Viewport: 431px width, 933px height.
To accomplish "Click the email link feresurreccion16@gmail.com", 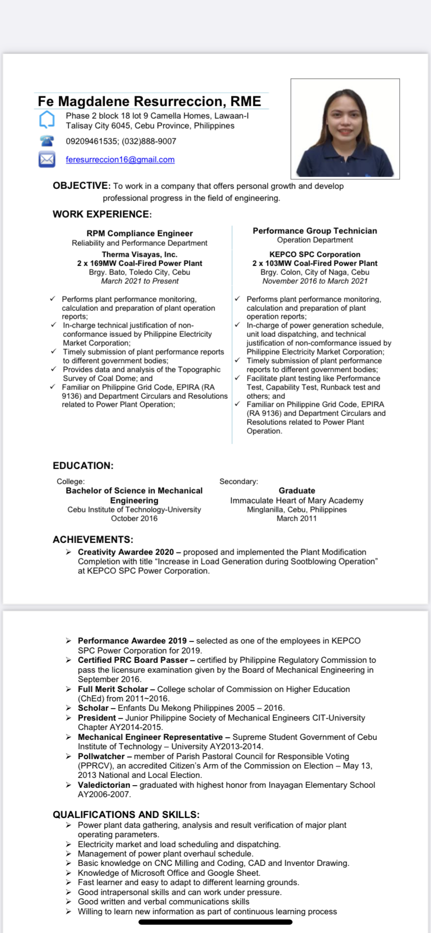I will point(120,160).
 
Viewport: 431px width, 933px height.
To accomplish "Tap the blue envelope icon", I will point(47,159).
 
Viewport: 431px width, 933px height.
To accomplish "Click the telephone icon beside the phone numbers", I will point(47,141).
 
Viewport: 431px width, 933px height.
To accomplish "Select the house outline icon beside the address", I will point(47,120).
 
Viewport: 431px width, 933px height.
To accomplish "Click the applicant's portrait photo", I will point(345,129).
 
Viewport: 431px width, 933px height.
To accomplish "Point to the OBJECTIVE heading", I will point(81,186).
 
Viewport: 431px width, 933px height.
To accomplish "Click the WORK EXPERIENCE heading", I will point(102,214).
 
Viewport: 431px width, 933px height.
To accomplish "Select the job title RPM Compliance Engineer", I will point(140,233).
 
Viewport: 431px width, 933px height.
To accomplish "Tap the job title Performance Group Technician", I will point(314,231).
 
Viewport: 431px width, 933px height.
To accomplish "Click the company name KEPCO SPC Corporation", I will point(314,255).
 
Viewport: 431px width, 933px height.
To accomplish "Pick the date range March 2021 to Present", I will point(140,281).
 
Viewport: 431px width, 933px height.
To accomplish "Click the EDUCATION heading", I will point(83,465).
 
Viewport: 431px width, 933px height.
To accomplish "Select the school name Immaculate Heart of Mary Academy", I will point(297,500).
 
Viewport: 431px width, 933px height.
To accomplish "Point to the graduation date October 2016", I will point(134,519).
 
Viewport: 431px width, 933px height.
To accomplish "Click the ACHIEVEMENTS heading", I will point(93,539).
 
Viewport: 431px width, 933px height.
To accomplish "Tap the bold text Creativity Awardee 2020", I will point(125,552).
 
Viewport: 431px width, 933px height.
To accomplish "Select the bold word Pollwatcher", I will point(101,756).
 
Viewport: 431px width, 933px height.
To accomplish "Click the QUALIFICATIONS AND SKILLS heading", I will point(126,814).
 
